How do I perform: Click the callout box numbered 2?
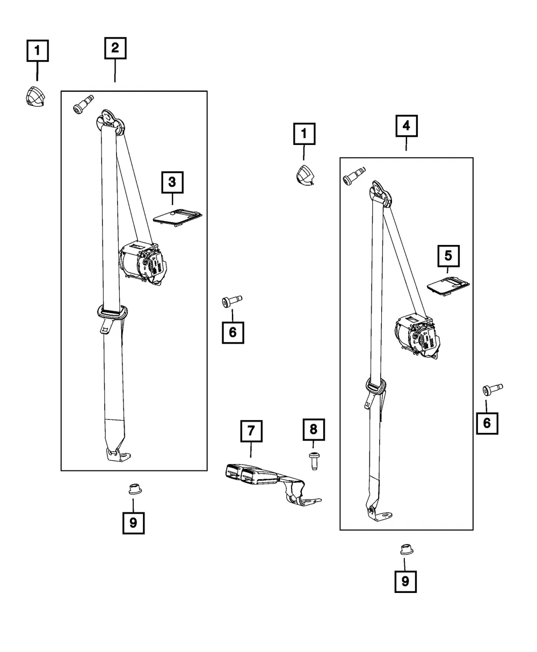(x=115, y=48)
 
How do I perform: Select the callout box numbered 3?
(x=172, y=182)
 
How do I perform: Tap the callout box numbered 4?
(x=407, y=126)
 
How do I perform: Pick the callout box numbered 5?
(x=448, y=256)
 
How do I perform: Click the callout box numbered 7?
(x=251, y=431)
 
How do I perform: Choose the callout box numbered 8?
(x=314, y=429)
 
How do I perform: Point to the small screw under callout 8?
(x=314, y=461)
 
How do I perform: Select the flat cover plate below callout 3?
(x=178, y=217)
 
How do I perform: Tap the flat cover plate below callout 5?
(x=448, y=286)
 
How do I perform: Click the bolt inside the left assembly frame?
(x=83, y=104)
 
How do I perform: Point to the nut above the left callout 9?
(x=135, y=489)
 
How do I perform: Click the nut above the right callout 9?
(x=407, y=549)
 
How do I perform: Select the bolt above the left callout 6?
(x=231, y=301)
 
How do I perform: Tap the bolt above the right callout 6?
(x=492, y=389)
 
